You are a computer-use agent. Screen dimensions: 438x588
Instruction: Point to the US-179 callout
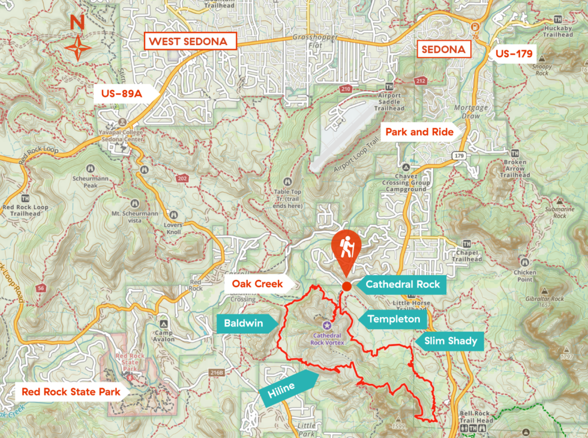514,54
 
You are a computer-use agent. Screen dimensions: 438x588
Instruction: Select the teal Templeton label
391,319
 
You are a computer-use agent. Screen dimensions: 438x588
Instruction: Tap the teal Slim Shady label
450,341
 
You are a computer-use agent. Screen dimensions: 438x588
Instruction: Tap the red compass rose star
77,48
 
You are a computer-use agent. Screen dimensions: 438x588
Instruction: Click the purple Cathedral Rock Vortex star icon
326,325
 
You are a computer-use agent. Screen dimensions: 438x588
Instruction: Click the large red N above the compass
77,23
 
